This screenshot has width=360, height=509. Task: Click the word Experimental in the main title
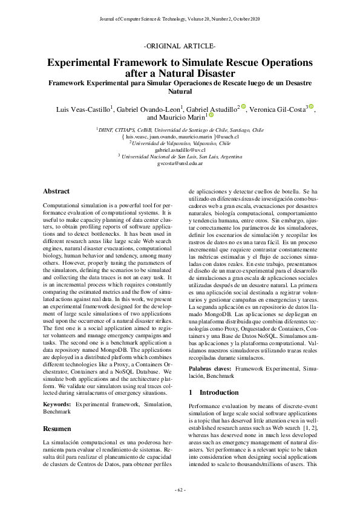(90, 62)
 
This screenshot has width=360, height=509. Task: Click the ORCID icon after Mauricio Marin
(212, 116)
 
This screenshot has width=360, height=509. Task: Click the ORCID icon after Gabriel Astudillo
(243, 107)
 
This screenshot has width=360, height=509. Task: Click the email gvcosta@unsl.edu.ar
(180, 163)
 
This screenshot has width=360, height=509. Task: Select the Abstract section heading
(56, 191)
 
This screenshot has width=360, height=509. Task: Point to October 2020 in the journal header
(246, 20)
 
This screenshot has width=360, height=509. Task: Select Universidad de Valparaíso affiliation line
(180, 143)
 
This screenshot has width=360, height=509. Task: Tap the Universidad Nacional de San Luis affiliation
(180, 156)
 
